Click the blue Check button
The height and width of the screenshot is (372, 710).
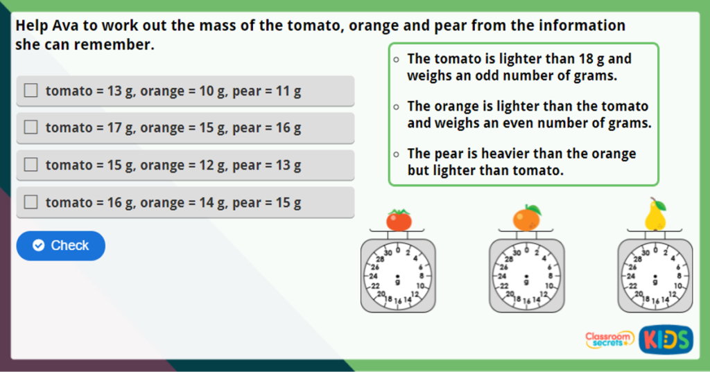[61, 246]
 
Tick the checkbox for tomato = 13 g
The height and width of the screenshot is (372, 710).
[31, 91]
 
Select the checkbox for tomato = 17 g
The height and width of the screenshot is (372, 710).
[31, 127]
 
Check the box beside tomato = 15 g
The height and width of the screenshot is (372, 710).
[31, 165]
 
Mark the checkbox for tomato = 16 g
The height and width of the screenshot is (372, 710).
[31, 202]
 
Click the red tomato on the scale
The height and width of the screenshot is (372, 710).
[399, 220]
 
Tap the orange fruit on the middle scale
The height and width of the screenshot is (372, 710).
[527, 218]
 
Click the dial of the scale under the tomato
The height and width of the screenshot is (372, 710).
[398, 275]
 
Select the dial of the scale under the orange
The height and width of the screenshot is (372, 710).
[527, 275]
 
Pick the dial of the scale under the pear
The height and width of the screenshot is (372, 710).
[655, 275]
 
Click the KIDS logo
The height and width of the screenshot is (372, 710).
[666, 339]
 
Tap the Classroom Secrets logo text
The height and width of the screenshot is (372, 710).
[609, 339]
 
